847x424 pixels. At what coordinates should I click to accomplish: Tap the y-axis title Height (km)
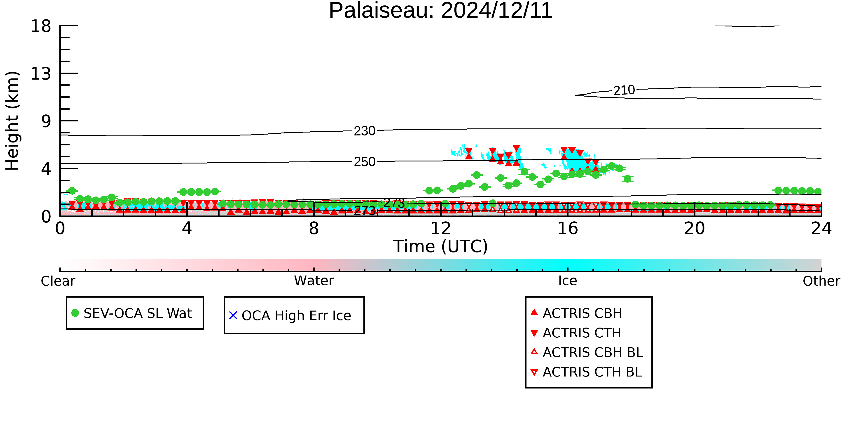(12, 121)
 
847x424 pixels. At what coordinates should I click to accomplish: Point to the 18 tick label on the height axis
(41, 26)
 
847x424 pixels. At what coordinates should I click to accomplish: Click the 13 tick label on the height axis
(41, 74)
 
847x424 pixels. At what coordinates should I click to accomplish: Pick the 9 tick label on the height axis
(46, 121)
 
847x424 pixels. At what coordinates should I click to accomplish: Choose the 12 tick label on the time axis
(441, 228)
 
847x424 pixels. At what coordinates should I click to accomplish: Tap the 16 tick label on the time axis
(568, 228)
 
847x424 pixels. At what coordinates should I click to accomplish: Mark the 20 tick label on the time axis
(695, 228)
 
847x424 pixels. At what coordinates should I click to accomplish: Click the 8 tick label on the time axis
(314, 228)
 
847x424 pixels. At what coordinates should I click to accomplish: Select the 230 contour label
(364, 131)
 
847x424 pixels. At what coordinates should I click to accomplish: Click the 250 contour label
(364, 162)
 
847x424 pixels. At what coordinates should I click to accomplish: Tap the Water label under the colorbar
(314, 281)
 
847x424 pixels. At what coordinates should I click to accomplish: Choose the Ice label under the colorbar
(568, 281)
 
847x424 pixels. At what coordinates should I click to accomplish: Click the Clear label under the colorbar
(58, 281)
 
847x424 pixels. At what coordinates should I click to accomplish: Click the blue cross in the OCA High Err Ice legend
(233, 315)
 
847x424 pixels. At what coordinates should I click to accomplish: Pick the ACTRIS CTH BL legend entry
(586, 372)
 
